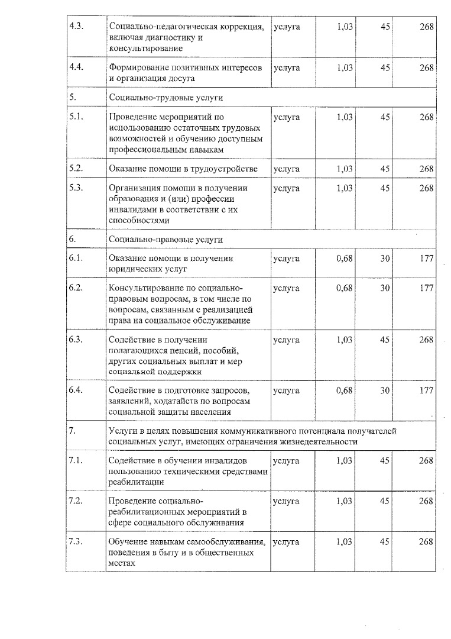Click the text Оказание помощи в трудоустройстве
click(x=183, y=169)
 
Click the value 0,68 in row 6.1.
click(x=344, y=259)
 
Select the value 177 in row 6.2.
click(x=426, y=288)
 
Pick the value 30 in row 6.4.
click(x=385, y=390)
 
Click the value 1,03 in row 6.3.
click(x=344, y=340)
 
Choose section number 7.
click(x=72, y=430)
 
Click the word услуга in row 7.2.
click(x=287, y=501)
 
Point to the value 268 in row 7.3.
click(x=426, y=542)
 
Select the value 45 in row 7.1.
click(x=385, y=460)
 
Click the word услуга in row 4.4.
click(x=287, y=67)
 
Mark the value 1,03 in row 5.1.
click(x=344, y=117)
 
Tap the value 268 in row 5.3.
click(x=426, y=188)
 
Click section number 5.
click(x=72, y=97)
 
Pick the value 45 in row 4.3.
click(x=385, y=27)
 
